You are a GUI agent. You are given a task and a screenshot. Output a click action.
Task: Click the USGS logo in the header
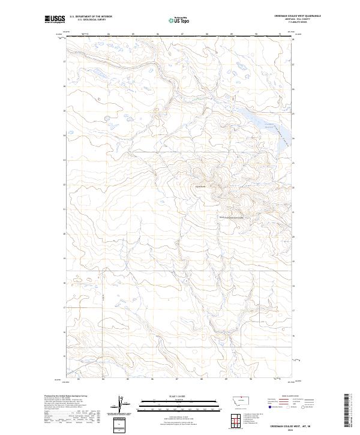pos(55,19)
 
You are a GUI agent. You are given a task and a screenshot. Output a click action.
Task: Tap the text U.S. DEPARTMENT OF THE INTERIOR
pos(91,17)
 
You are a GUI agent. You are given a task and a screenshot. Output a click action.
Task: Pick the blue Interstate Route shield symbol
pos(269,406)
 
